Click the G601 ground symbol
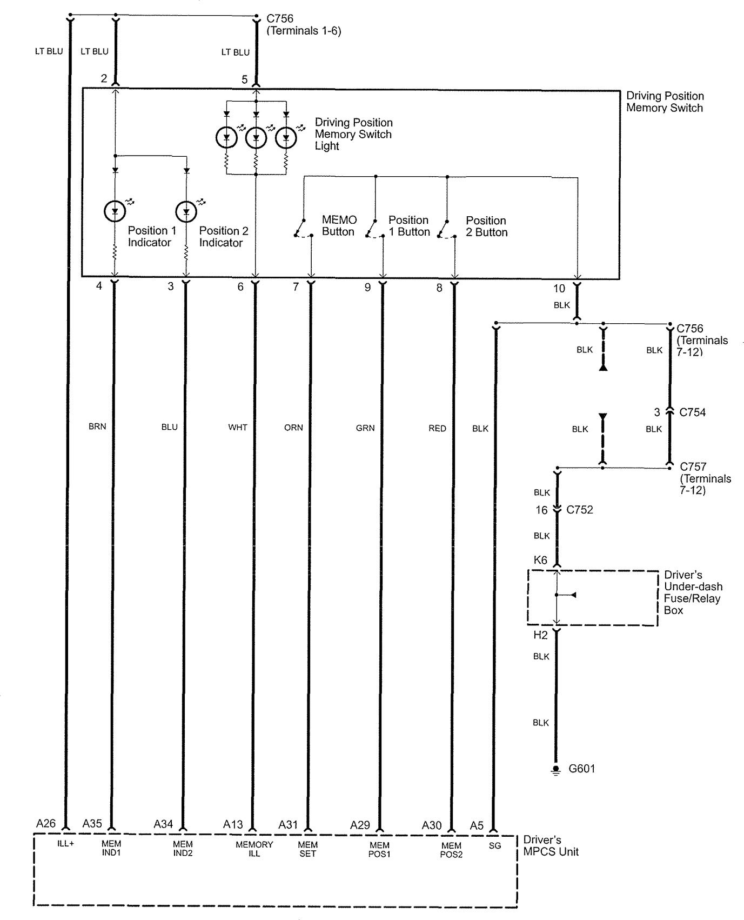pyautogui.click(x=555, y=770)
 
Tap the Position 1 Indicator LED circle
pyautogui.click(x=115, y=211)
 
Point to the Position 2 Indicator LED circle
pyautogui.click(x=186, y=211)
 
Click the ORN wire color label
pyautogui.click(x=293, y=428)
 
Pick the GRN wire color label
pyautogui.click(x=365, y=428)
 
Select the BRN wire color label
pyautogui.click(x=97, y=426)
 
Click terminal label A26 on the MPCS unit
pyautogui.click(x=46, y=824)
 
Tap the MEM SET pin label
pyautogui.click(x=307, y=849)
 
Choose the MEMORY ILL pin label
pyautogui.click(x=254, y=849)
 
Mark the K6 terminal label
pyautogui.click(x=540, y=561)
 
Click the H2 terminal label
pyautogui.click(x=540, y=635)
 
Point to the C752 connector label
pyautogui.click(x=579, y=510)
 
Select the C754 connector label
pyautogui.click(x=692, y=412)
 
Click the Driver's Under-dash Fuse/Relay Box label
pyautogui.click(x=693, y=592)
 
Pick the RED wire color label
pyautogui.click(x=437, y=428)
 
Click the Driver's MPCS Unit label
pyautogui.click(x=551, y=846)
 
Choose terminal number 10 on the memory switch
pyautogui.click(x=559, y=289)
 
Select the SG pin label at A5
pyautogui.click(x=494, y=846)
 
